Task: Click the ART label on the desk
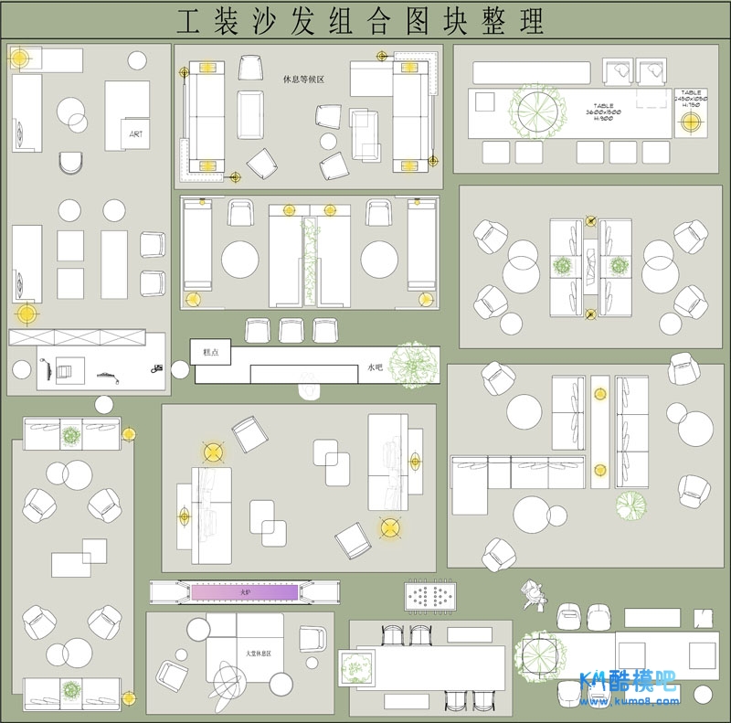pyautogui.click(x=136, y=134)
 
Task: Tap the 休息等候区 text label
pyautogui.click(x=304, y=80)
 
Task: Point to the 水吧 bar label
pyautogui.click(x=375, y=367)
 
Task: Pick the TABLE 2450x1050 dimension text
pyautogui.click(x=691, y=98)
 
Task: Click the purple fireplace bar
pyautogui.click(x=244, y=593)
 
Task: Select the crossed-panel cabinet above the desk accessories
pyautogui.click(x=77, y=337)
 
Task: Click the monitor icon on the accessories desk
pyautogui.click(x=64, y=370)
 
